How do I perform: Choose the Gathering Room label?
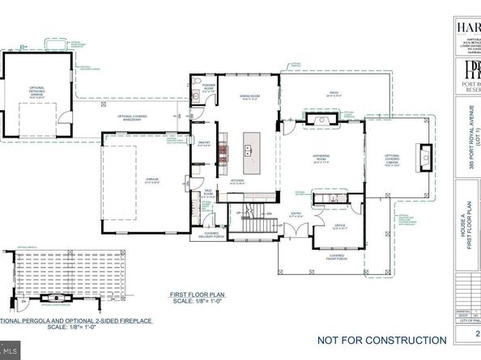pyautogui.click(x=324, y=159)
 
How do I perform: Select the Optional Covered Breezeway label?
pyautogui.click(x=131, y=116)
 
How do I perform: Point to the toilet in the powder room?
pyautogui.click(x=197, y=83)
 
